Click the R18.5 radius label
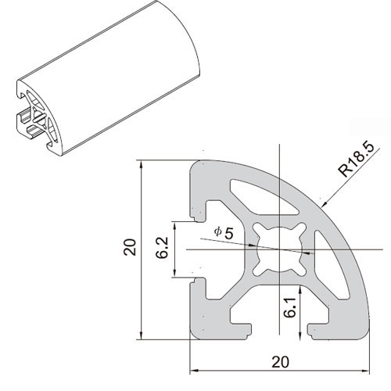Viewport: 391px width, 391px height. point(356,160)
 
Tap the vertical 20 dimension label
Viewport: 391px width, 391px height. point(130,247)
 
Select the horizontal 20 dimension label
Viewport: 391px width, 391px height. point(280,362)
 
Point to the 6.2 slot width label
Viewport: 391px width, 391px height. point(162,247)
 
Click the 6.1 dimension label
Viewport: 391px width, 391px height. point(290,307)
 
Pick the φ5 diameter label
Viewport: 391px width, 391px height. point(224,233)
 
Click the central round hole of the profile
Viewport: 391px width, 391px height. point(279,249)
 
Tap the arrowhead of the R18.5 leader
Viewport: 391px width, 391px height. point(324,203)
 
